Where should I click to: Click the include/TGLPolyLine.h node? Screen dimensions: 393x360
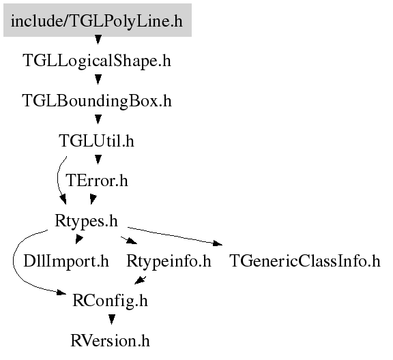pos(98,20)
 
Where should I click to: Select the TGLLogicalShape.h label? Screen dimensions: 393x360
pos(97,61)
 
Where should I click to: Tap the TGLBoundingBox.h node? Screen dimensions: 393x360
pos(97,101)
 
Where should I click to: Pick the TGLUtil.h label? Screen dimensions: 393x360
pos(96,140)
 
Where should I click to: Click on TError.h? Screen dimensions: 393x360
pos(97,181)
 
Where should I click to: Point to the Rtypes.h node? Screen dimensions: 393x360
pos(86,221)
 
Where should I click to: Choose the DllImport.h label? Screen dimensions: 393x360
pos(66,260)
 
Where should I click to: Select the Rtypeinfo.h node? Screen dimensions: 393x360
pos(169,260)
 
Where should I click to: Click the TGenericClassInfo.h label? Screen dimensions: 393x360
pos(305,260)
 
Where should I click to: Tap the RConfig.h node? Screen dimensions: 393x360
pos(110,301)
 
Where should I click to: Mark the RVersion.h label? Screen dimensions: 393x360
pos(110,341)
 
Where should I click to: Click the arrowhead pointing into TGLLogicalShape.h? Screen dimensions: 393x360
pos(98,40)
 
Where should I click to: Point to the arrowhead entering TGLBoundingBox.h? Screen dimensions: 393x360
pos(98,79)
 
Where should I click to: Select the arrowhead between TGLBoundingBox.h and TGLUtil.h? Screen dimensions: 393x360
pos(98,119)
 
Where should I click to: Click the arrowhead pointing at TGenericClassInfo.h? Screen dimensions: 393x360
pos(217,243)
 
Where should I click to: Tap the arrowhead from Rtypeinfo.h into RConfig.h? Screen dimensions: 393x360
pos(140,280)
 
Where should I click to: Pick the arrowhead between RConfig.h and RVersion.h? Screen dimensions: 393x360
pos(112,319)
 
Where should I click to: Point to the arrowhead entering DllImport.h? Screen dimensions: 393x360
pos(79,239)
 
